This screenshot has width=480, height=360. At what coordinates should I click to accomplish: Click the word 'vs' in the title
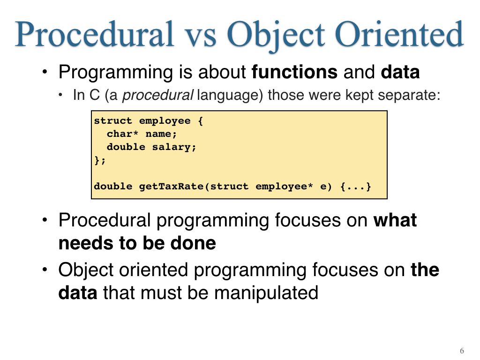[201, 38]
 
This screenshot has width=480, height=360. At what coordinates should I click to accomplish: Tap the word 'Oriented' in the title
[399, 34]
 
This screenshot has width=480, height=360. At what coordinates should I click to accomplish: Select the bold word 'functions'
[294, 72]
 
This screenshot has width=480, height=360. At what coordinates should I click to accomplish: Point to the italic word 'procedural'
[157, 95]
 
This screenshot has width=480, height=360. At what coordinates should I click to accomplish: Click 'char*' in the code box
[122, 134]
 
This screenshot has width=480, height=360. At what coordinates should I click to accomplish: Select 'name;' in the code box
[161, 134]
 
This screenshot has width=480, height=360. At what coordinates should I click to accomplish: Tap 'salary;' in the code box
[174, 147]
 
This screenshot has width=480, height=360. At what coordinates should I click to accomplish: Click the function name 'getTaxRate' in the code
[172, 187]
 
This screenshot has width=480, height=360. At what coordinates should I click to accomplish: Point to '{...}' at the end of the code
[356, 187]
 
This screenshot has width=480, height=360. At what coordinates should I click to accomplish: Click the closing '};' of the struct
[100, 160]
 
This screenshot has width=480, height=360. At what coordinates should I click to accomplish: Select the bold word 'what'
[395, 220]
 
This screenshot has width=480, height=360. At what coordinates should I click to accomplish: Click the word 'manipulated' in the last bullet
[266, 293]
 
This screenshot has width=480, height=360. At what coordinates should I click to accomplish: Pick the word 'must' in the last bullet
[161, 293]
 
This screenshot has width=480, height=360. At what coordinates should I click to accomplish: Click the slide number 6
[462, 351]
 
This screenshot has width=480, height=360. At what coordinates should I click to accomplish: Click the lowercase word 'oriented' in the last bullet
[153, 270]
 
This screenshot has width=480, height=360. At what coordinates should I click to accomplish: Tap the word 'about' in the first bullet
[222, 72]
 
